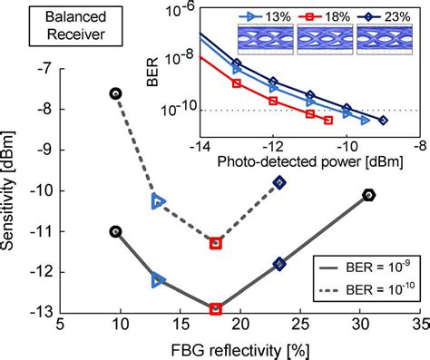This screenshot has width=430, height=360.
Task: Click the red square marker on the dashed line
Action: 216,243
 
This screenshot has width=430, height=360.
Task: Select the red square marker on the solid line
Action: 216,309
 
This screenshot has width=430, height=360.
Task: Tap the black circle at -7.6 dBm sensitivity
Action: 115,93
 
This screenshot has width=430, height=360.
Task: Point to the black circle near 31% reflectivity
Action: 370,195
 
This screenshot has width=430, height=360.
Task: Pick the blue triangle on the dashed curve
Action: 158,201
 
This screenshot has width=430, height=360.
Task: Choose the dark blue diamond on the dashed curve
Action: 280,182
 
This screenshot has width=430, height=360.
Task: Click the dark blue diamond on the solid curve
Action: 280,264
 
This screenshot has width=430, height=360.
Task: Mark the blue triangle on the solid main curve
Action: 158,280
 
